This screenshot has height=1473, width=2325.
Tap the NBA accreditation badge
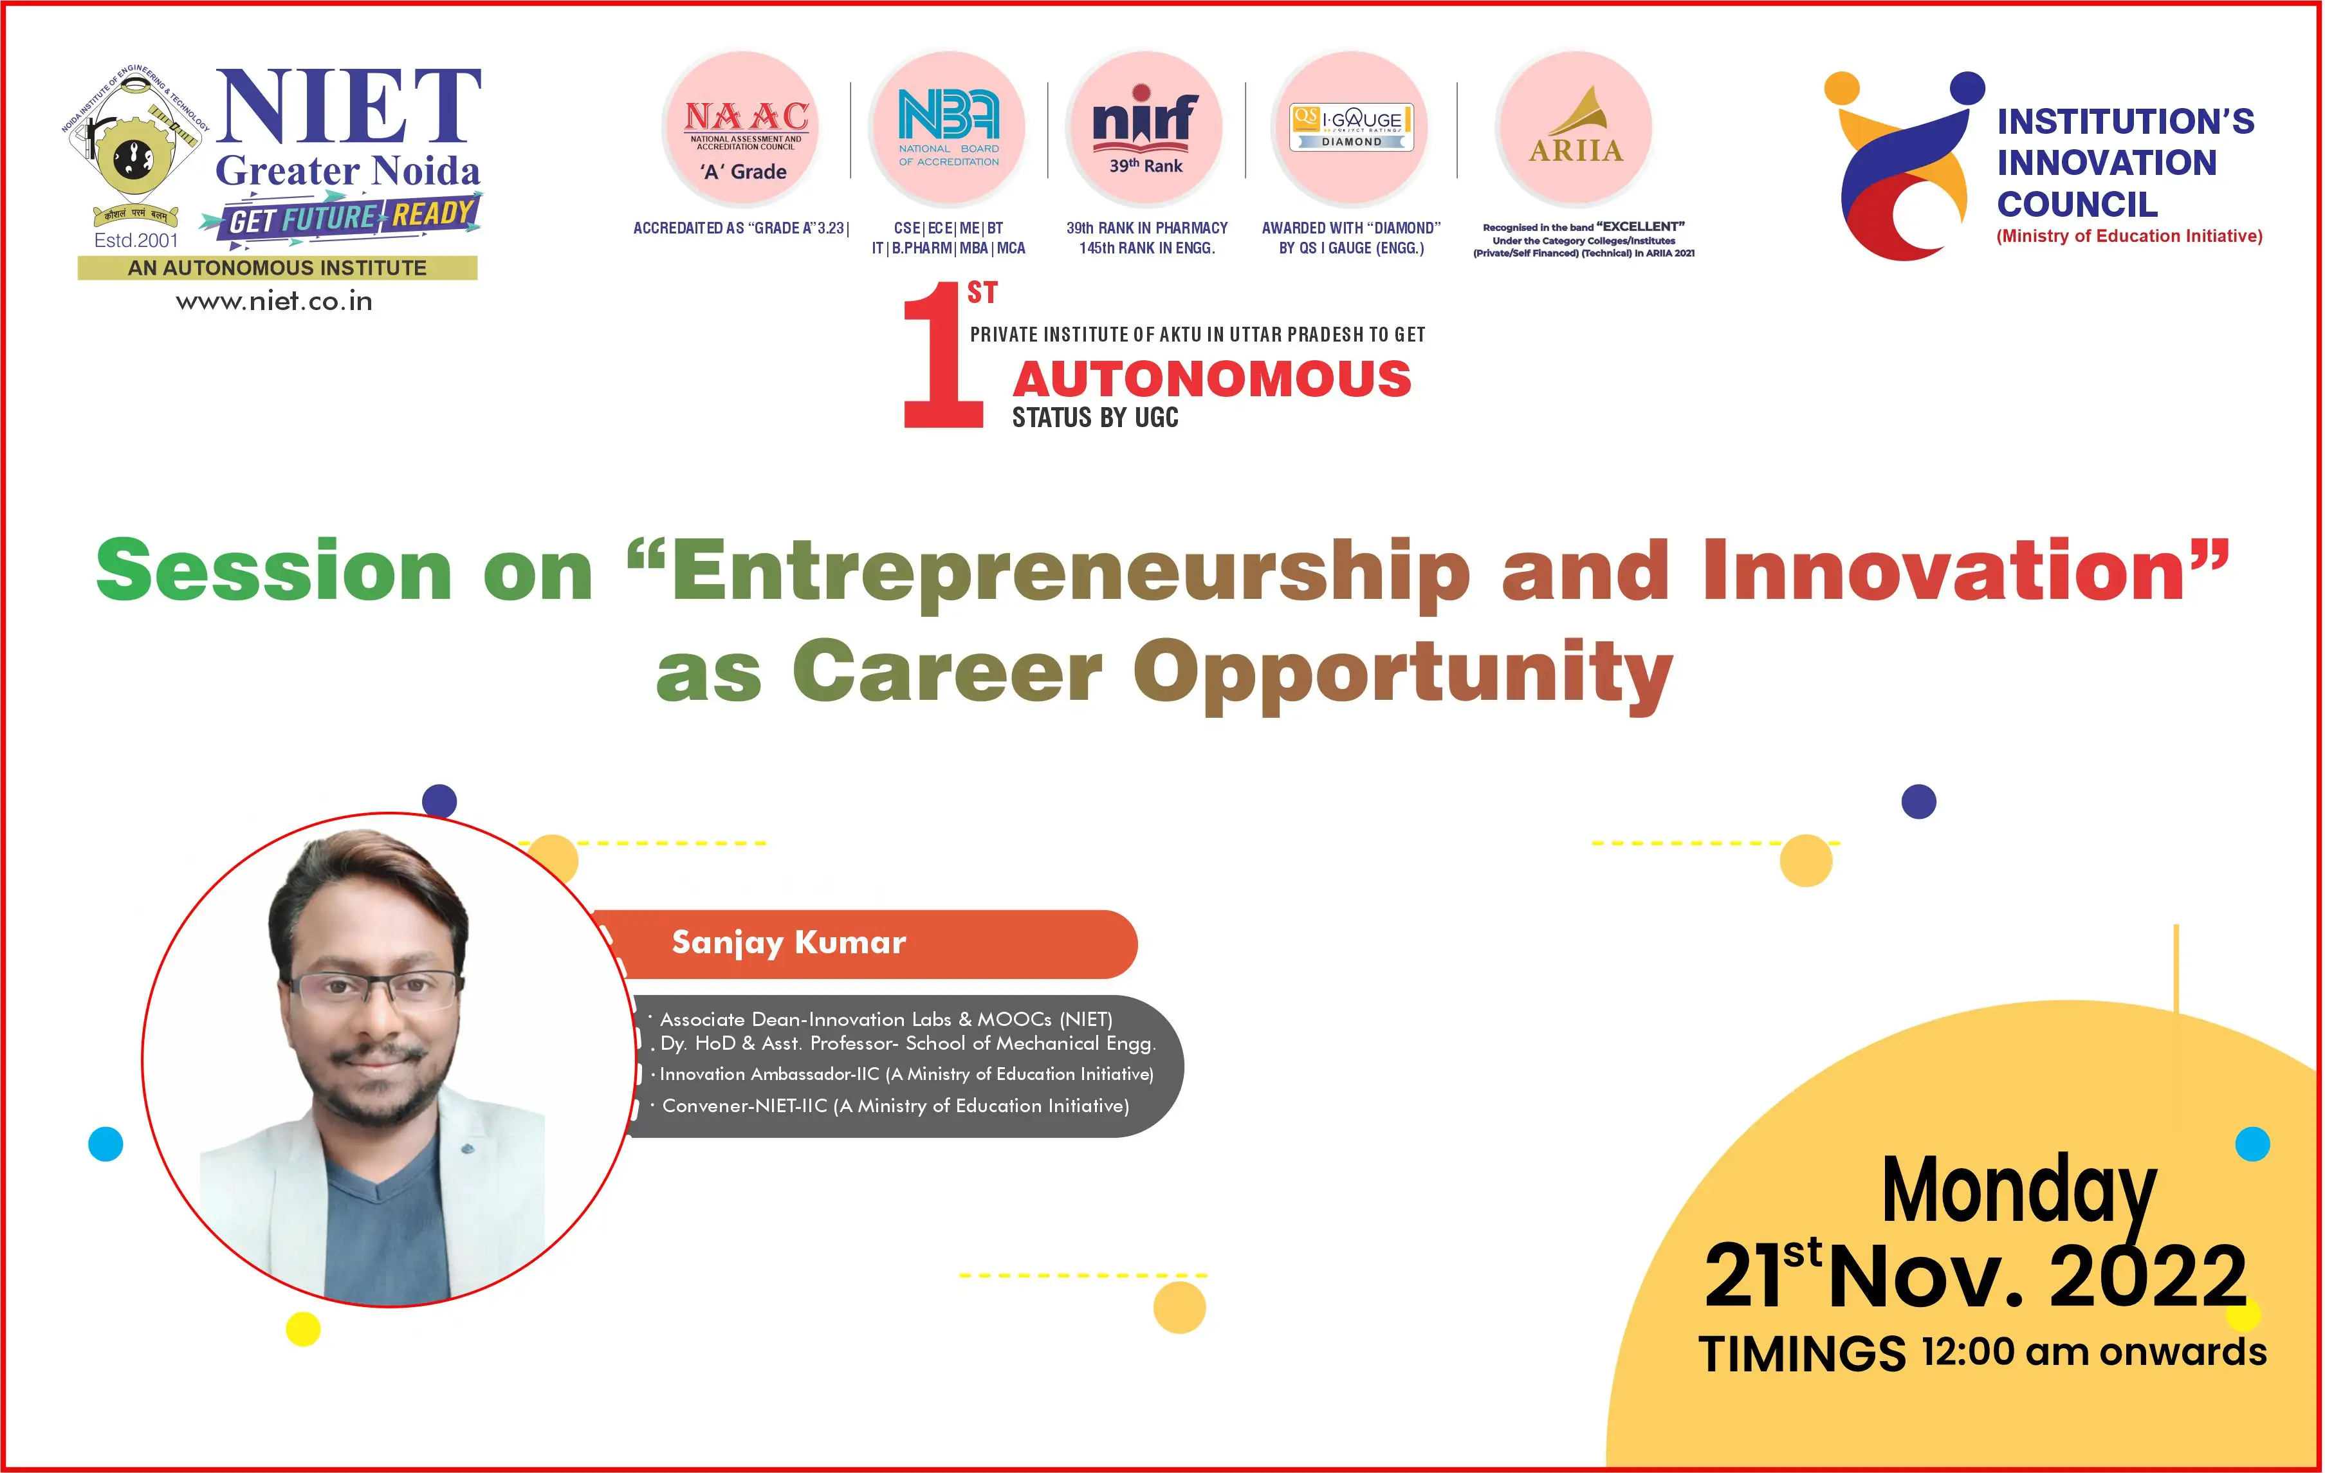click(948, 129)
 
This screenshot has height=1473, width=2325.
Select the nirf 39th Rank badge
click(1145, 129)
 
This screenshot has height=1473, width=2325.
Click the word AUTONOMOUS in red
click(1212, 378)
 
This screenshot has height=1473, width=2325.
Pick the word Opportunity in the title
click(1403, 675)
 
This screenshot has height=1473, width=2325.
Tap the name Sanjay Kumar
click(789, 943)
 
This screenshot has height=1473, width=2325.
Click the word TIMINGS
click(1803, 1353)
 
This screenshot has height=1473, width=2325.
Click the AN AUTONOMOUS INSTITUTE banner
click(277, 268)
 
